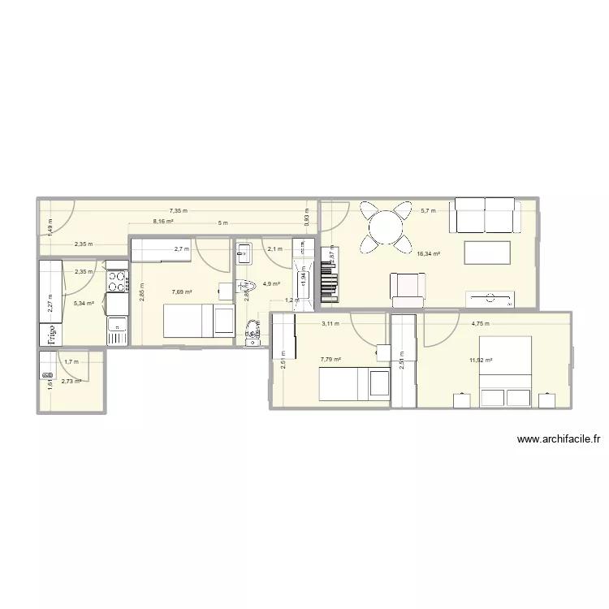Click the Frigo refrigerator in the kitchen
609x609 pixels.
tap(48, 334)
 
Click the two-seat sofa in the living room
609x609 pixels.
tap(486, 216)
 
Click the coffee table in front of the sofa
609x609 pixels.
tap(486, 253)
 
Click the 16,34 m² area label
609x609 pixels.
tap(428, 254)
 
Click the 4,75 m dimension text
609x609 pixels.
tap(482, 322)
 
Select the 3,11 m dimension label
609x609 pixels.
tap(330, 322)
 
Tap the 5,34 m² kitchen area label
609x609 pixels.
tap(84, 303)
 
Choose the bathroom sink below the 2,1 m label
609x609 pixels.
tap(247, 254)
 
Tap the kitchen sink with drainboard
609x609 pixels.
tap(117, 330)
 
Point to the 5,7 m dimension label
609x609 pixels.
tap(427, 210)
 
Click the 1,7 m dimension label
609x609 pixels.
tap(71, 361)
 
